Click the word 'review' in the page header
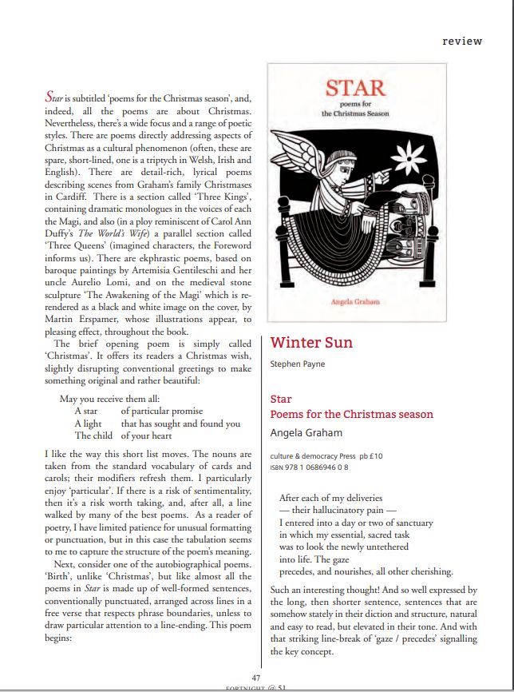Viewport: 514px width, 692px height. click(x=462, y=41)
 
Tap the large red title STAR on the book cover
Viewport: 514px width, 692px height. click(x=355, y=88)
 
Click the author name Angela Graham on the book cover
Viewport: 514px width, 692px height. click(x=355, y=301)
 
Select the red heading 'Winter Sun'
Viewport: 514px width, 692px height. click(x=311, y=343)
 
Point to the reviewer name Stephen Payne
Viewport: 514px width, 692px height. click(x=299, y=364)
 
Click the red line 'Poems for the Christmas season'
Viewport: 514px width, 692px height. click(x=352, y=414)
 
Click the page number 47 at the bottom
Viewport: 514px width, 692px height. click(x=255, y=678)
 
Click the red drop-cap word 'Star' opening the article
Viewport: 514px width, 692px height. click(x=54, y=97)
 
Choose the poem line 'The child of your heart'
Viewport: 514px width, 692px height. click(x=124, y=435)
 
